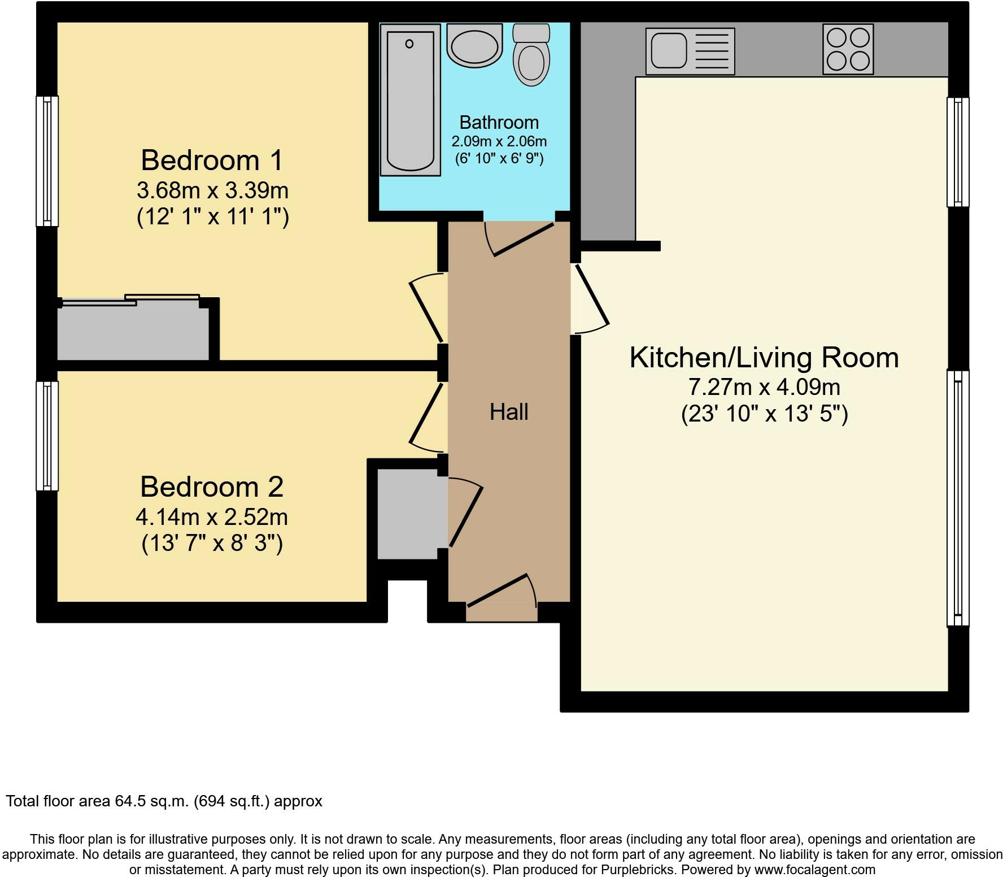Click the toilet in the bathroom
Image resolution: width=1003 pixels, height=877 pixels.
(x=531, y=55)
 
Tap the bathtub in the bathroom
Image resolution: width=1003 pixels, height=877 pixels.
(x=410, y=100)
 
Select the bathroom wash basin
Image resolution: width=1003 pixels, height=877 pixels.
(x=474, y=44)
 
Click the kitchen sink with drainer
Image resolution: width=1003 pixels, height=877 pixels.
(x=690, y=51)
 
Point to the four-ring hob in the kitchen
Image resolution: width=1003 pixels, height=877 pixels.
(x=848, y=49)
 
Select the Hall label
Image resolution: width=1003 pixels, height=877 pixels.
(x=509, y=412)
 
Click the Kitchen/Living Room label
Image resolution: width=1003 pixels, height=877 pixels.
(x=764, y=357)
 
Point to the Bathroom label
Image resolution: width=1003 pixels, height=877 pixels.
(x=499, y=122)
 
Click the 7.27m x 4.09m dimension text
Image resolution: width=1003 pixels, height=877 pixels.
(x=764, y=387)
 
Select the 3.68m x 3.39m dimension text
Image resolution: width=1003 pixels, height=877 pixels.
(x=212, y=190)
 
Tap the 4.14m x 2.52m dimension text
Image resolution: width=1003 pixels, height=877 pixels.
(x=212, y=517)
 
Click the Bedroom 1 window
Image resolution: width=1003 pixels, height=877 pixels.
(x=47, y=161)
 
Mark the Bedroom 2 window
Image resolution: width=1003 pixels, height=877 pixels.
(x=47, y=436)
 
